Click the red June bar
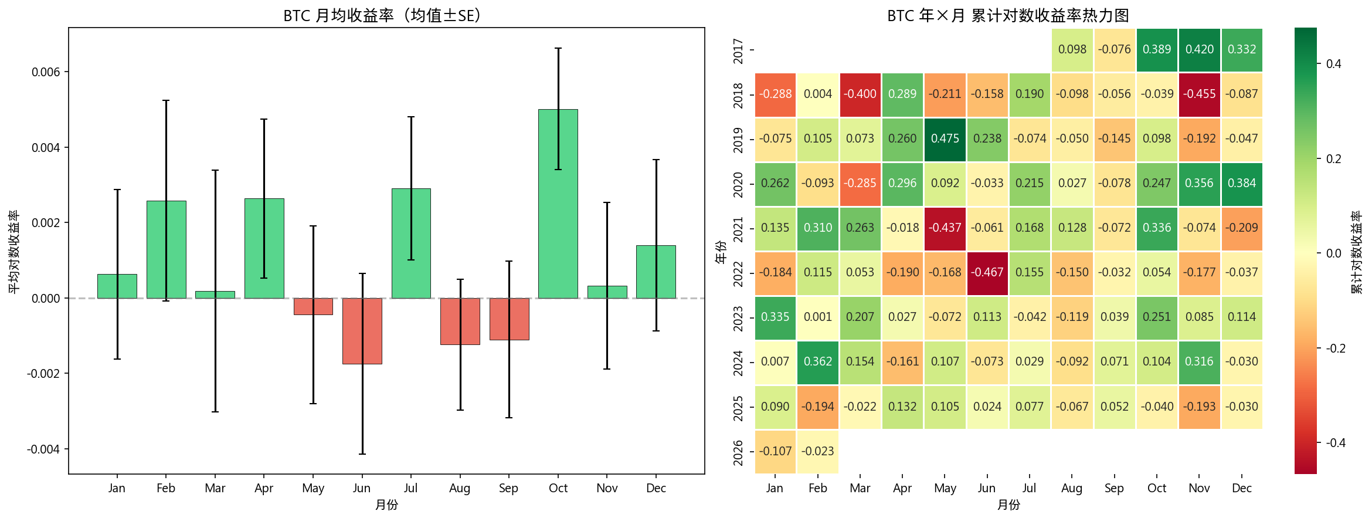pyautogui.click(x=362, y=331)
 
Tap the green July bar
pyautogui.click(x=411, y=243)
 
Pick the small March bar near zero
pyautogui.click(x=215, y=295)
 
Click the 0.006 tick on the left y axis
pyautogui.click(x=46, y=72)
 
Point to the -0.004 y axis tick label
pyautogui.click(x=43, y=449)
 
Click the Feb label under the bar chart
pyautogui.click(x=166, y=488)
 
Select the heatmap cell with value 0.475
pyautogui.click(x=945, y=139)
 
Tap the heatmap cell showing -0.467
pyautogui.click(x=987, y=273)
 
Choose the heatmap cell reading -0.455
pyautogui.click(x=1199, y=94)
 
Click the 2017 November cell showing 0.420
pyautogui.click(x=1199, y=50)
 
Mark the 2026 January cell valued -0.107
pyautogui.click(x=775, y=451)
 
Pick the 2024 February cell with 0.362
pyautogui.click(x=817, y=362)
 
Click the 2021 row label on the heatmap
pyautogui.click(x=739, y=228)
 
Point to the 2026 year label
pyautogui.click(x=739, y=452)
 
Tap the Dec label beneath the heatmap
pyautogui.click(x=1241, y=488)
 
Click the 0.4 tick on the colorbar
pyautogui.click(x=1333, y=64)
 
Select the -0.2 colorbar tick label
pyautogui.click(x=1336, y=349)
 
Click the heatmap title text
pyautogui.click(x=1008, y=15)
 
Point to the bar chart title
pyautogui.click(x=386, y=15)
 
